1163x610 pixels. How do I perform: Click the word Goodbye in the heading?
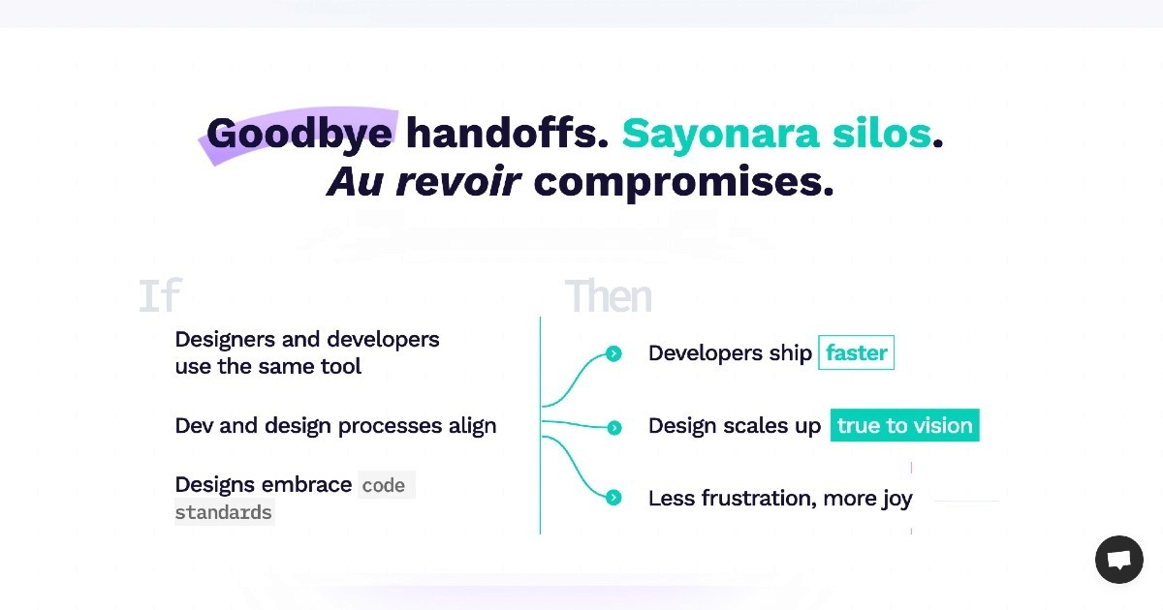click(299, 134)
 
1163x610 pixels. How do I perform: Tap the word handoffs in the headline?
click(507, 133)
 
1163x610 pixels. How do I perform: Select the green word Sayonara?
click(720, 135)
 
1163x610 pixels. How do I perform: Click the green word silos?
click(882, 133)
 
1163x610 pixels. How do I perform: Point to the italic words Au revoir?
click(424, 182)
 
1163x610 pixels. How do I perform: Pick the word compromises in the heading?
click(683, 183)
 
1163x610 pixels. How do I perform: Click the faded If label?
click(160, 294)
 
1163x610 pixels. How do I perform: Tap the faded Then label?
click(608, 295)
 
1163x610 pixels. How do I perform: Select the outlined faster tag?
click(856, 352)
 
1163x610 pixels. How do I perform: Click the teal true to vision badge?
click(905, 425)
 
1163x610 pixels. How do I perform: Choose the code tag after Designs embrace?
click(387, 485)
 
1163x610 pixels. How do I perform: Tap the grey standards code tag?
click(224, 512)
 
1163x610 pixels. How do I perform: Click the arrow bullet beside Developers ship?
click(613, 353)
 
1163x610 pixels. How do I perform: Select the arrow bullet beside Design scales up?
click(614, 427)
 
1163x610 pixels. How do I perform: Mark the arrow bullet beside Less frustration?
click(613, 498)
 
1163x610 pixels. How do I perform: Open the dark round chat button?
click(1119, 560)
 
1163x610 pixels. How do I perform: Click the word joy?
click(897, 499)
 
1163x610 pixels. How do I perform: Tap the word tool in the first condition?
click(340, 366)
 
